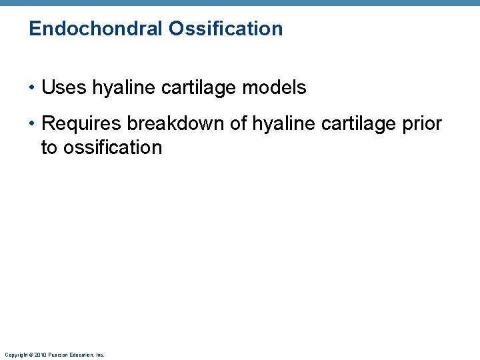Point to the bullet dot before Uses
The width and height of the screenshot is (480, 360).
(x=33, y=88)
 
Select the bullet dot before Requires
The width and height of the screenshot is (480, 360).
(x=33, y=124)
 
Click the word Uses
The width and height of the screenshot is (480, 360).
(x=63, y=87)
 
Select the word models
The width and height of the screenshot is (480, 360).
(x=276, y=87)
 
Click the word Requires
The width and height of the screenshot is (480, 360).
(x=81, y=123)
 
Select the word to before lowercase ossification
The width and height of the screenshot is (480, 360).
(x=49, y=147)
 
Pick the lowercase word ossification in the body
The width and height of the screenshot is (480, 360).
(x=113, y=147)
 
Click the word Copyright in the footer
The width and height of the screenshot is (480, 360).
(x=15, y=355)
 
